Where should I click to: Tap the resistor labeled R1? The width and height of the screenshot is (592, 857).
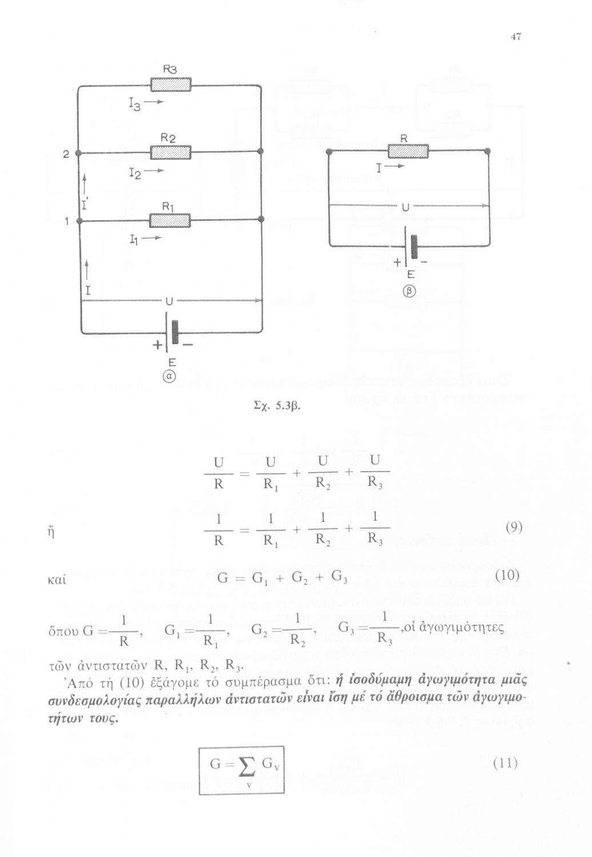tap(170, 219)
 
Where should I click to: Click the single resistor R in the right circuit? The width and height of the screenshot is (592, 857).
tap(408, 151)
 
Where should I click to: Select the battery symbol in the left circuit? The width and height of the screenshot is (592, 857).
tap(171, 331)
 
